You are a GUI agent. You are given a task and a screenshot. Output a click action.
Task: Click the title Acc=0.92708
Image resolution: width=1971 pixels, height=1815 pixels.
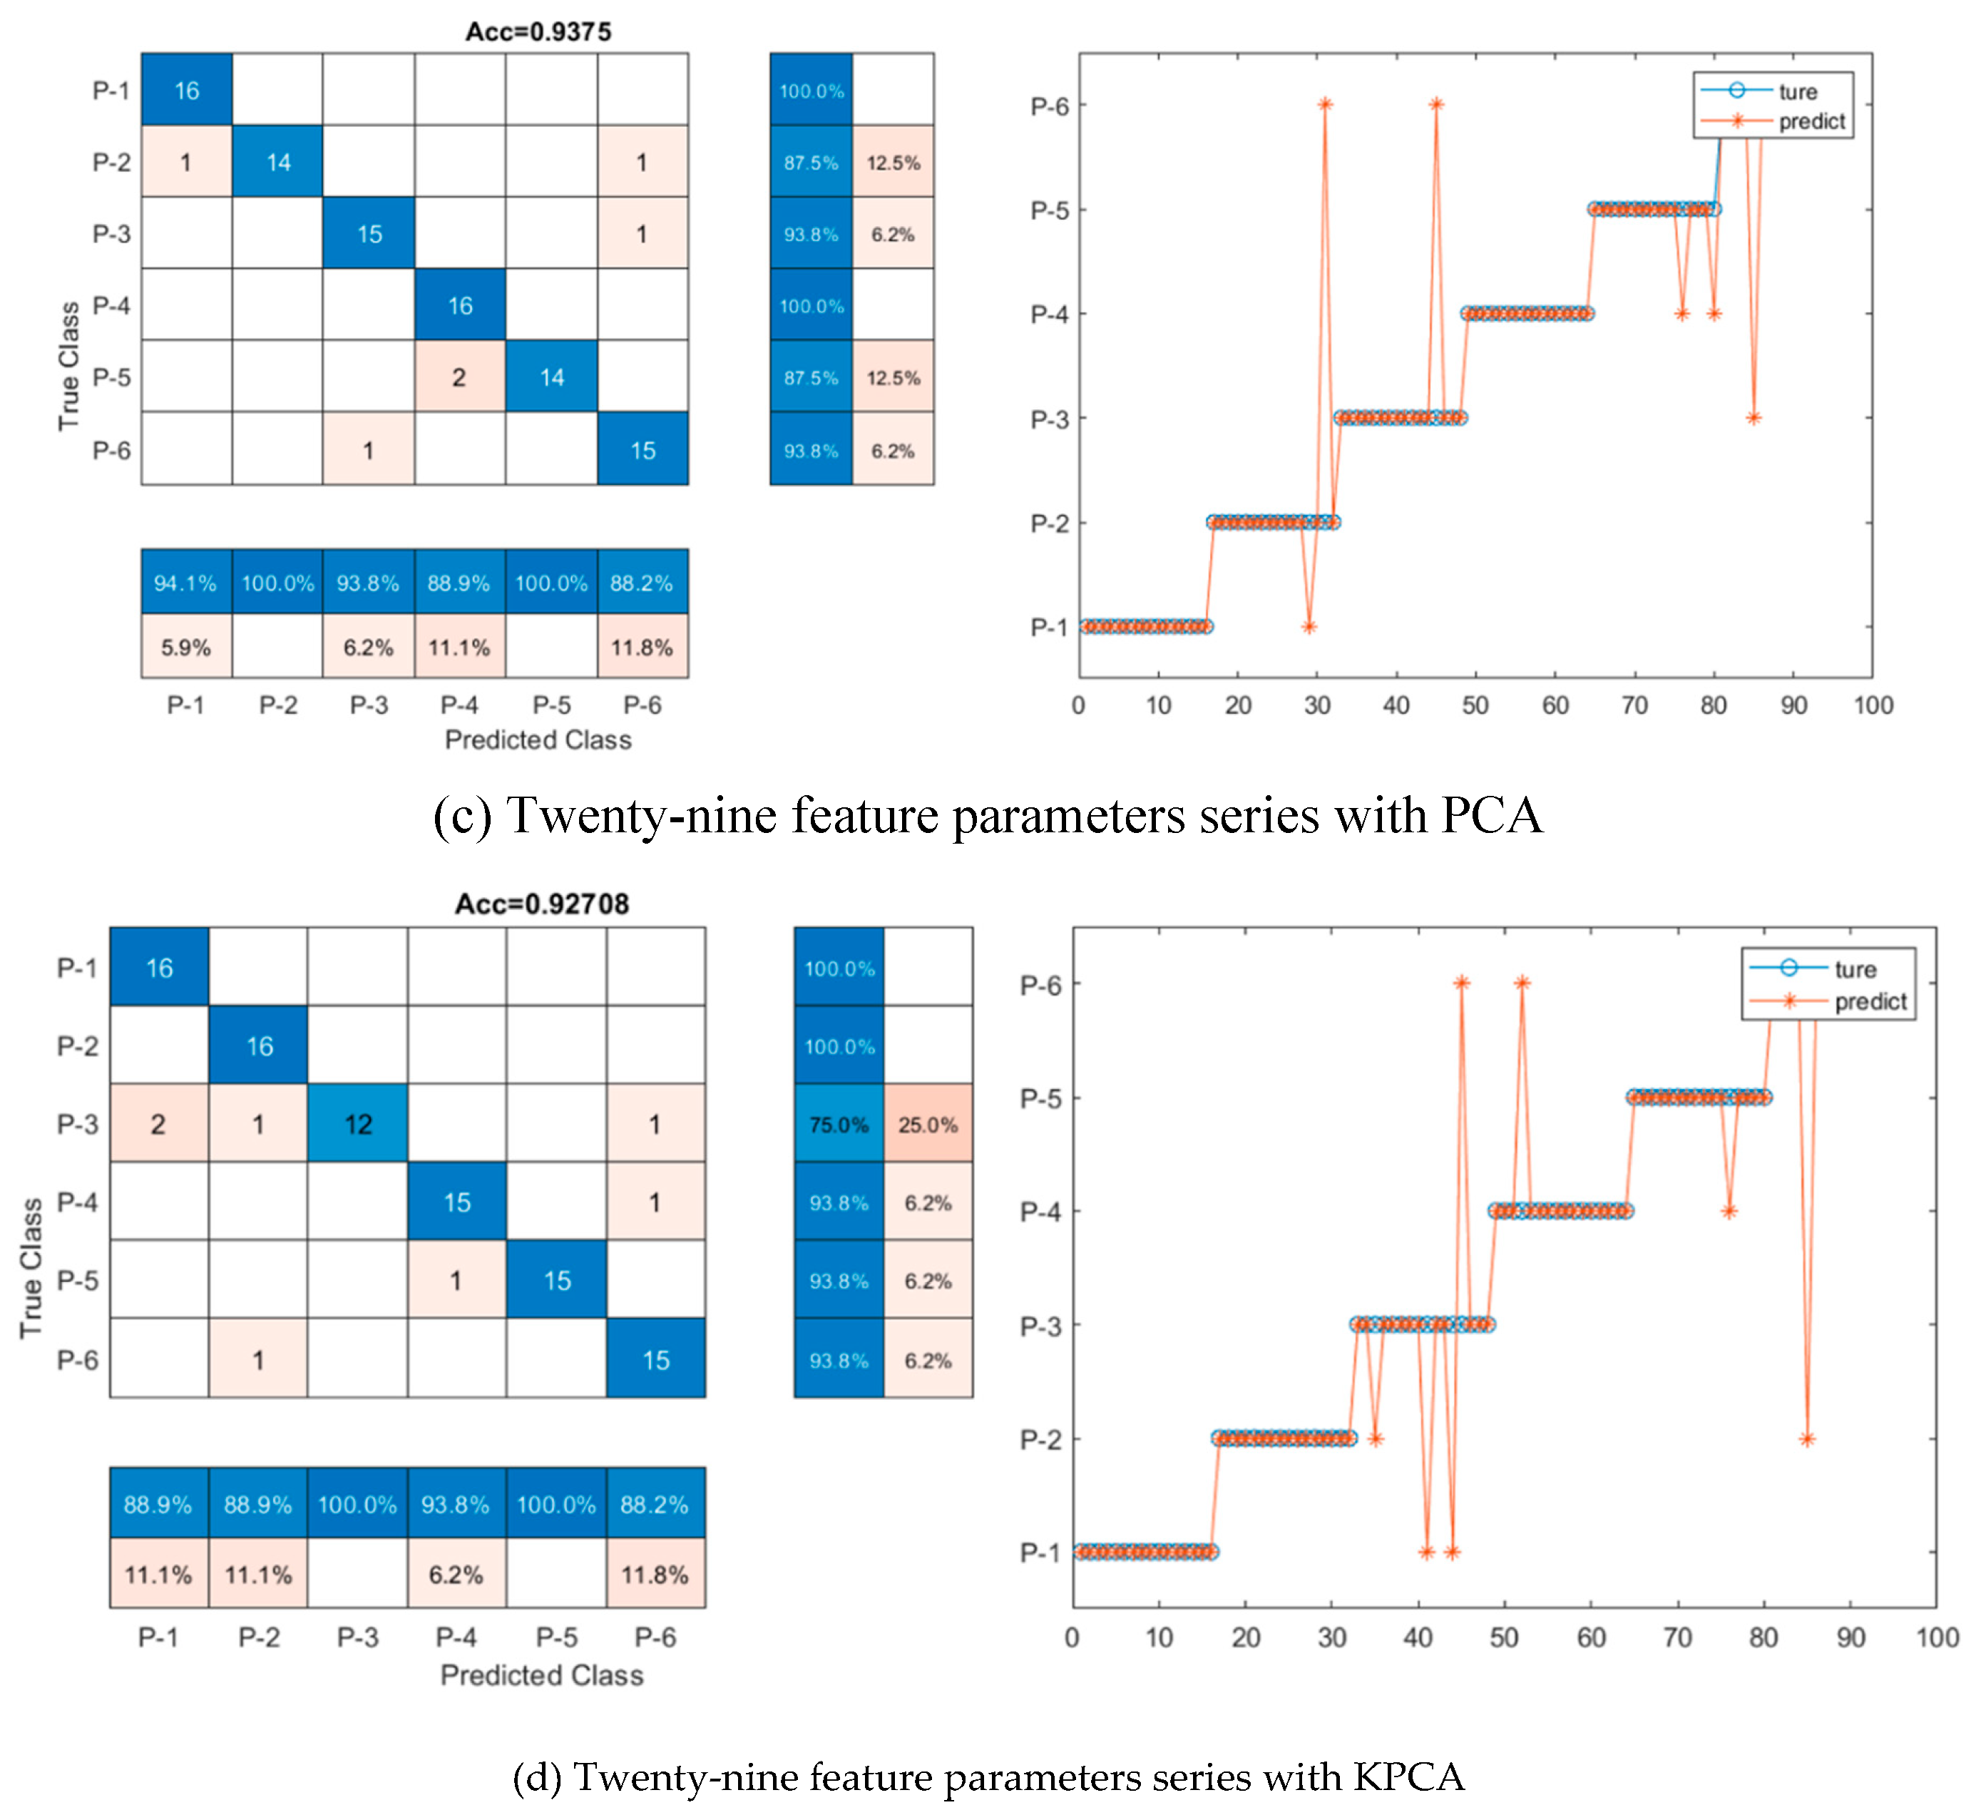[x=541, y=903]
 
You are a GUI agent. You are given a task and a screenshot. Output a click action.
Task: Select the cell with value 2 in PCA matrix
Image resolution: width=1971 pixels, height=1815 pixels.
[x=459, y=377]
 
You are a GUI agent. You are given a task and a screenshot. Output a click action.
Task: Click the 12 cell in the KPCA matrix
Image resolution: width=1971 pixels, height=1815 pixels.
[x=357, y=1123]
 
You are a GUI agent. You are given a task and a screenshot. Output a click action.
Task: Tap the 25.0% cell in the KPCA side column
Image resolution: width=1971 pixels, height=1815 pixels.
[x=927, y=1123]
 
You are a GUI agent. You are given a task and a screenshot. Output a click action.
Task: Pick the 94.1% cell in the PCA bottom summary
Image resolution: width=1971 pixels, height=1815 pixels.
[x=185, y=583]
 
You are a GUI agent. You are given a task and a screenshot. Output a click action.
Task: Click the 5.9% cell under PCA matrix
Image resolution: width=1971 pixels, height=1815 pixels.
[x=185, y=648]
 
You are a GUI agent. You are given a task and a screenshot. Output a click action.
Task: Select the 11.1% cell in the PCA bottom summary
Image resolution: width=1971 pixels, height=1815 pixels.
[x=459, y=648]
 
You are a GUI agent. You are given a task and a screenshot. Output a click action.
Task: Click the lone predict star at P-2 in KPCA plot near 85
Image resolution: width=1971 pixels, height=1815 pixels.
[x=1806, y=1439]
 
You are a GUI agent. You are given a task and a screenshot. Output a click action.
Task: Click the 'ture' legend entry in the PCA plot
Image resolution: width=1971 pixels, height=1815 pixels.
[x=1797, y=91]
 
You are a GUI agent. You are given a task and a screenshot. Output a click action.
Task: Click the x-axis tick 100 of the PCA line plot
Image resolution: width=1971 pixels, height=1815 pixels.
[x=1872, y=705]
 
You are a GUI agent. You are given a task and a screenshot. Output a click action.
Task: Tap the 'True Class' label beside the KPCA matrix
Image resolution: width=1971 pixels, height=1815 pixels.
[x=31, y=1267]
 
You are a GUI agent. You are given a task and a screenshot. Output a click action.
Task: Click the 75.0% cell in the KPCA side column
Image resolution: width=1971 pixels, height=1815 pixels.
[x=838, y=1123]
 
